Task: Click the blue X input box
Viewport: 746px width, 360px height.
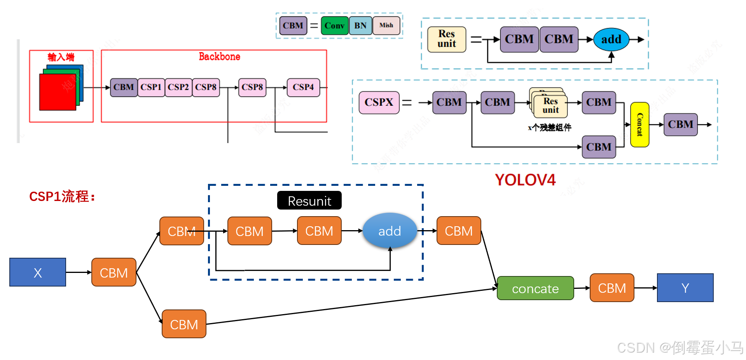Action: point(38,272)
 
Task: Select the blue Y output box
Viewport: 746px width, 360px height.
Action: point(685,288)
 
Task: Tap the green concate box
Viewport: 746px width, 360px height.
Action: point(535,288)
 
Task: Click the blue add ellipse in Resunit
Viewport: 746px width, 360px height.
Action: point(390,231)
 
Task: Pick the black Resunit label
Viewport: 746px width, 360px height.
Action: point(309,201)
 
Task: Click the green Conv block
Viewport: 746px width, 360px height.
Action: point(334,26)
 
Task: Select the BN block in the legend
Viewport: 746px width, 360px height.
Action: point(360,26)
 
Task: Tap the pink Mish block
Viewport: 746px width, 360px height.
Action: point(386,26)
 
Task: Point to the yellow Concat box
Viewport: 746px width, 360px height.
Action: point(639,124)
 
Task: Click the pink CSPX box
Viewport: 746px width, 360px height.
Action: point(379,102)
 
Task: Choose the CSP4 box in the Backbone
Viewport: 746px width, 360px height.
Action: point(303,87)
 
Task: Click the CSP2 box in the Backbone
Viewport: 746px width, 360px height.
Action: point(178,87)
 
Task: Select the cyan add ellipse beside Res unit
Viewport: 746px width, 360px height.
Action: point(611,39)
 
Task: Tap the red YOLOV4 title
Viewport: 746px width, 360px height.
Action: point(525,180)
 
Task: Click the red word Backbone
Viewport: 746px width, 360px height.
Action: point(219,57)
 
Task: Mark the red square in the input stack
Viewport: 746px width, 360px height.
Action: point(58,92)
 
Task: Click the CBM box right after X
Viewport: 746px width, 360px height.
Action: point(114,273)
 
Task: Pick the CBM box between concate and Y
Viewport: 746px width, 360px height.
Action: point(612,288)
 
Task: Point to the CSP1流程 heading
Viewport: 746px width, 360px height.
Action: point(62,196)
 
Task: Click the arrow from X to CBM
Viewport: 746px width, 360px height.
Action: point(79,273)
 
